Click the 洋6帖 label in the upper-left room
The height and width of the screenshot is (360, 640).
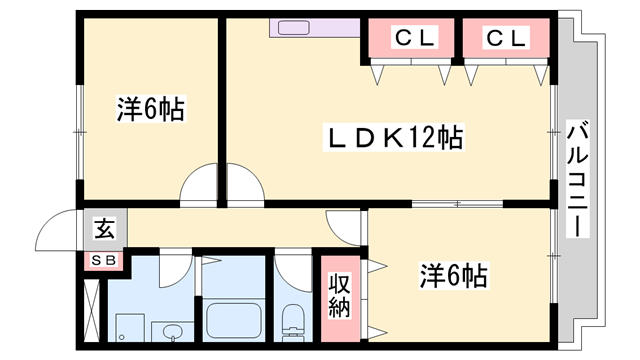pyautogui.click(x=150, y=110)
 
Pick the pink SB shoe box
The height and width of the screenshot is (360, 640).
pyautogui.click(x=104, y=261)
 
